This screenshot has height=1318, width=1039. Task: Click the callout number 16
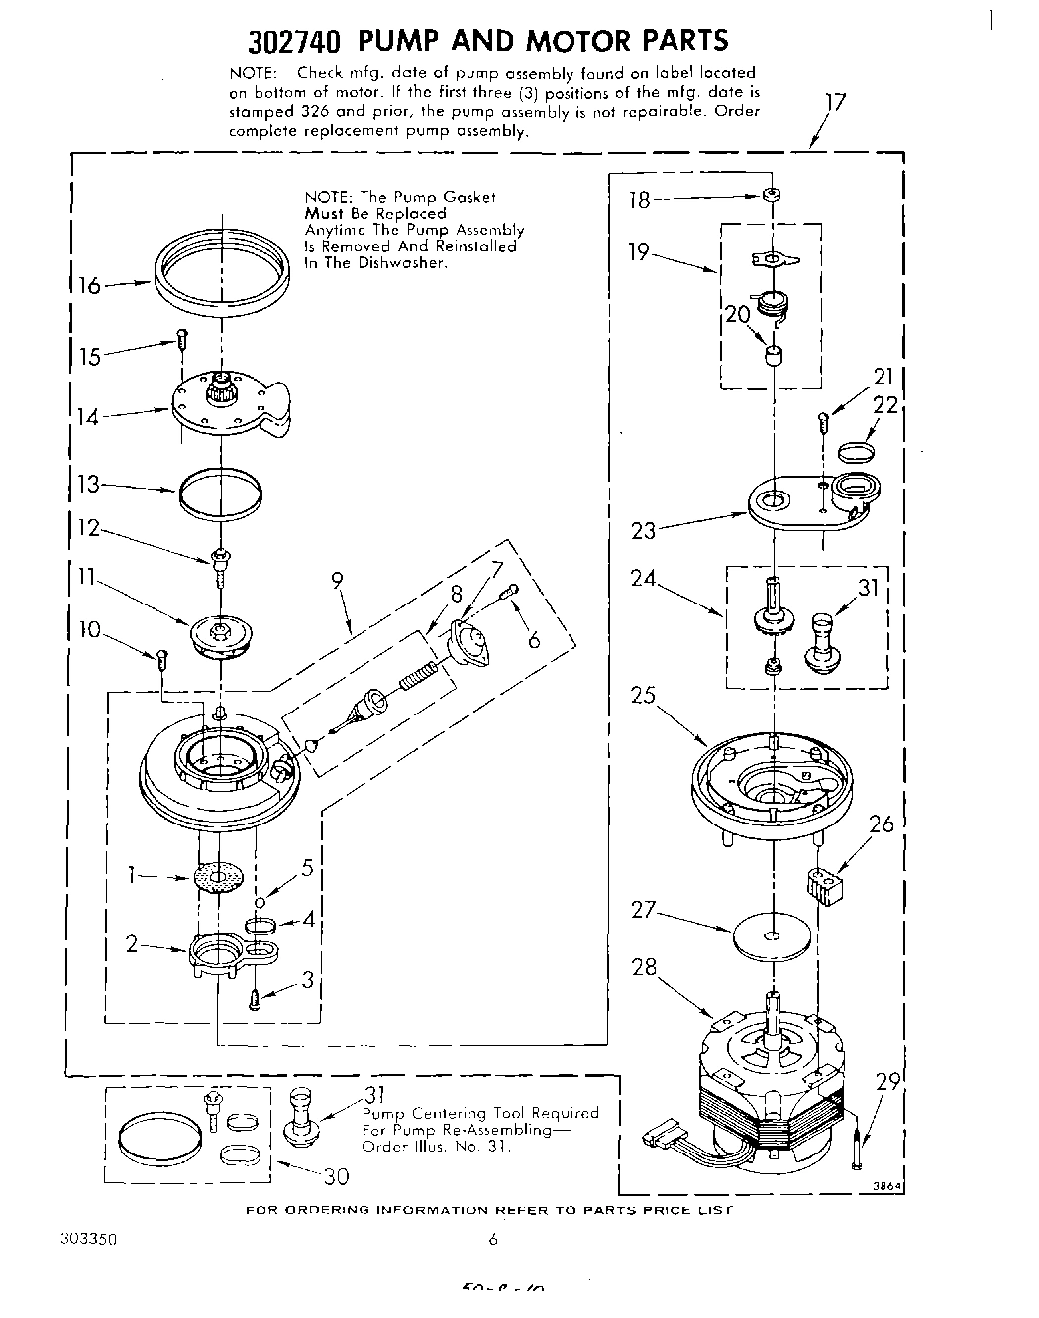pos(90,286)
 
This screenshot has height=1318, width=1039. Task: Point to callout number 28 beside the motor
pos(645,967)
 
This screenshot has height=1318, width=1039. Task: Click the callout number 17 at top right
pos(835,102)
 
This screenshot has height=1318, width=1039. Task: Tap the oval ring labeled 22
pos(856,453)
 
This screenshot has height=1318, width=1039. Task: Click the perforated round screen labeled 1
pos(218,877)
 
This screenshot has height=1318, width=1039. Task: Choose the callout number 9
pos(338,581)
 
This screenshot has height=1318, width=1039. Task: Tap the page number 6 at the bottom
pos(492,1239)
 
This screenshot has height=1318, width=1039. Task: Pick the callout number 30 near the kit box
pos(335,1176)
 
